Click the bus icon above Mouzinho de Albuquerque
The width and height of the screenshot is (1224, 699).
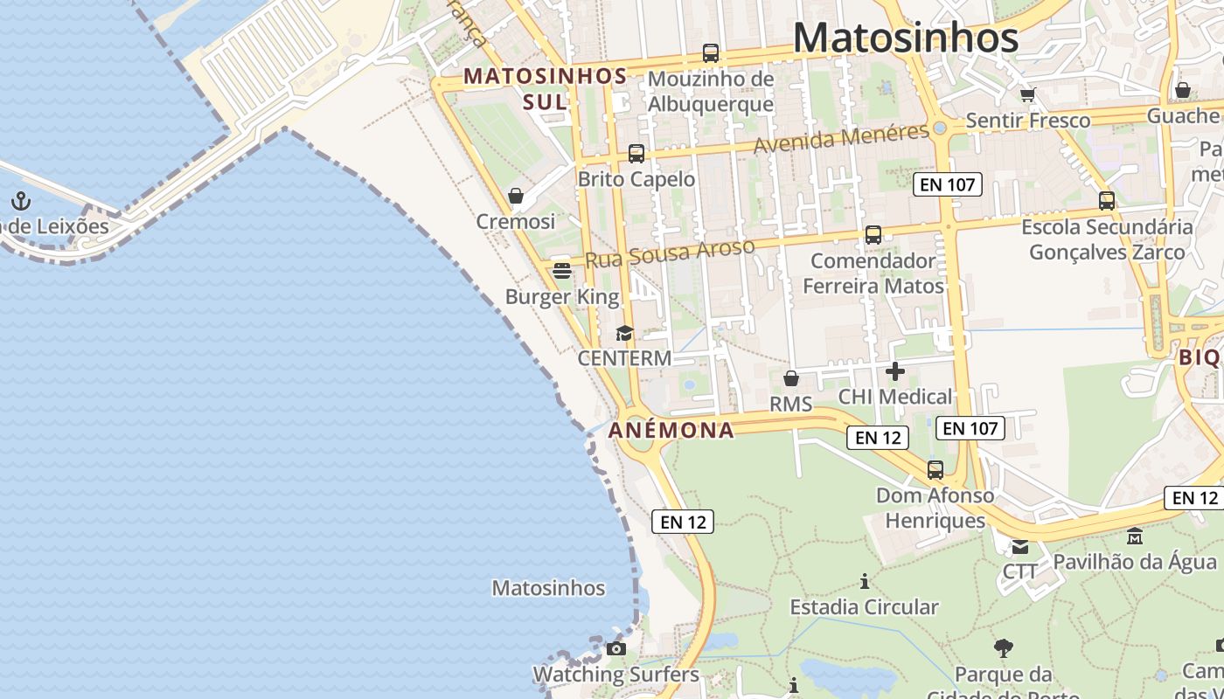711,53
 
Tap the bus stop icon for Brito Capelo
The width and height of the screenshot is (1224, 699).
636,154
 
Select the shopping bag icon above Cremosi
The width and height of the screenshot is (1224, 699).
516,196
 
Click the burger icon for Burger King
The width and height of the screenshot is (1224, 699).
562,271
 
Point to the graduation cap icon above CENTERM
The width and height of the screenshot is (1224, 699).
624,333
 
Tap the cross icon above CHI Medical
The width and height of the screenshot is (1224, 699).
895,371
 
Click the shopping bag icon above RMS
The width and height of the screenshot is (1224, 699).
791,378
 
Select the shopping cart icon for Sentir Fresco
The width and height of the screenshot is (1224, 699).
1028,94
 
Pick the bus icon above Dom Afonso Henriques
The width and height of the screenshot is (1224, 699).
935,470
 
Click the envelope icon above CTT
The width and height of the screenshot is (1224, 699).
1020,547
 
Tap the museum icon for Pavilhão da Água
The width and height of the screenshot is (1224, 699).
1135,536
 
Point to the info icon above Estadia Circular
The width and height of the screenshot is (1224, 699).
865,581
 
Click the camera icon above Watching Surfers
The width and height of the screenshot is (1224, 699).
616,648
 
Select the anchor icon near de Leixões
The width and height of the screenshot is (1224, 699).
21,202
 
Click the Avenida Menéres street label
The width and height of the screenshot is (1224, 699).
841,138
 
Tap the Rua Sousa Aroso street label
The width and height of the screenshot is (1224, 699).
669,253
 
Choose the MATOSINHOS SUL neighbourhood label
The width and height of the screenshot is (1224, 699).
545,88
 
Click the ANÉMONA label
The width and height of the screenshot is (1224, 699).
671,430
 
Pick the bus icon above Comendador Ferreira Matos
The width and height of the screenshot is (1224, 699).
873,235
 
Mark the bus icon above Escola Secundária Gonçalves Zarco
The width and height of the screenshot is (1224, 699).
1107,201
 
